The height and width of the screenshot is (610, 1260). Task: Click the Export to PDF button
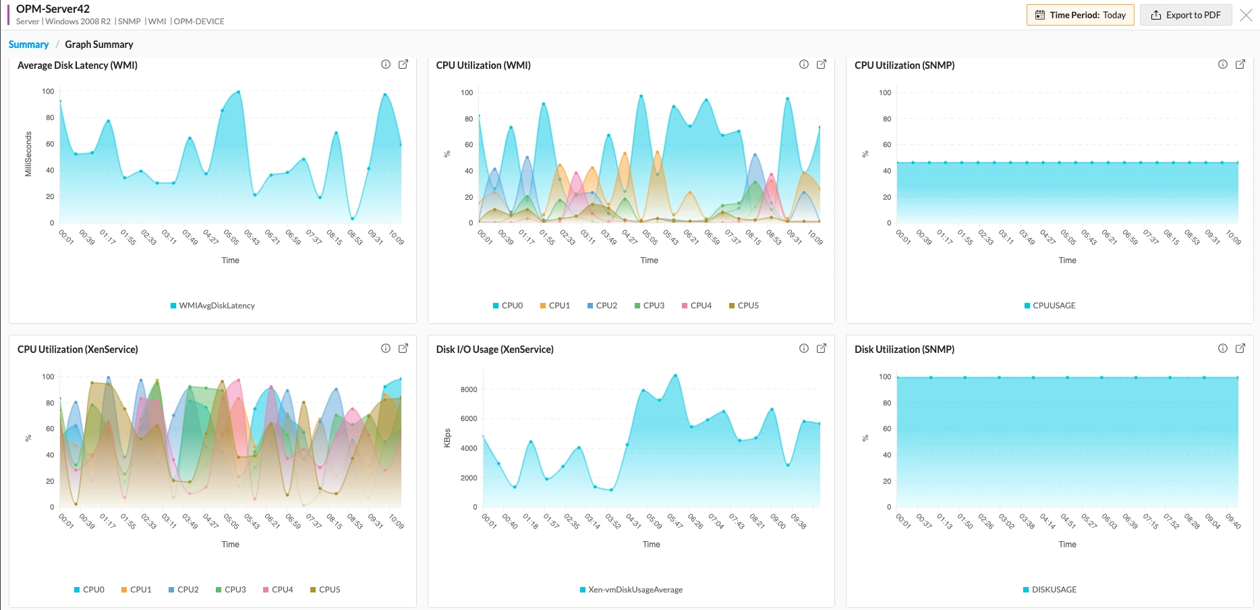pos(1186,15)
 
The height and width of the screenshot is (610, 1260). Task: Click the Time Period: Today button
pos(1080,15)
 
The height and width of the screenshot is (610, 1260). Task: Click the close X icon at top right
pos(1246,16)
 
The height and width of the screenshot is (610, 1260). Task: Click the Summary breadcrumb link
pos(28,45)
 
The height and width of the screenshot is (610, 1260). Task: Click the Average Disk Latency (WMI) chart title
pos(78,65)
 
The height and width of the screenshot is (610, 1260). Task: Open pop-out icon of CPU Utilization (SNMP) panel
pos(1240,64)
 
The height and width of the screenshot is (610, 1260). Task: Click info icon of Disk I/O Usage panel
pos(804,348)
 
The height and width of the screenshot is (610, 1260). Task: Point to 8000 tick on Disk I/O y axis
pos(469,389)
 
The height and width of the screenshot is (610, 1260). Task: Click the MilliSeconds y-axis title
pos(28,155)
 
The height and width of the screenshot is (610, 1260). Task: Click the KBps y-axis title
pos(447,438)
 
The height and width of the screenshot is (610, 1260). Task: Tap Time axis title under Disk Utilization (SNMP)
pos(1067,545)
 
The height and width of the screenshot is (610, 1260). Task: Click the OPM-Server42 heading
pos(53,9)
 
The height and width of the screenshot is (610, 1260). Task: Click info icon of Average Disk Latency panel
pos(386,64)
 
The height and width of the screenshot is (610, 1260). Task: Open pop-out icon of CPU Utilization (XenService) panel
pos(403,348)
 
